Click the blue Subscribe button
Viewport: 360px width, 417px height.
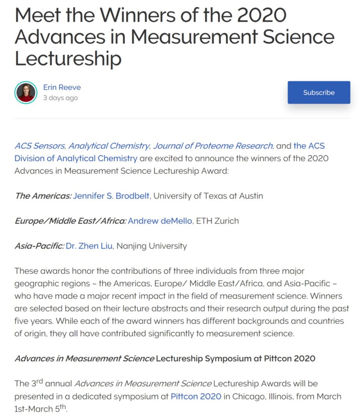319,92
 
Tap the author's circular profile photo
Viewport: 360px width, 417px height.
26,92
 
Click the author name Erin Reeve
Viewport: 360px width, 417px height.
62,87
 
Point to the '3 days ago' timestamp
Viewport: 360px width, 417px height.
60,98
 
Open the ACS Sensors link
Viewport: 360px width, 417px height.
40,146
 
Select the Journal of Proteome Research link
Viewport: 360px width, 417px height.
212,146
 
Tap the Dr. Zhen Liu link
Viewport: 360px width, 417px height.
89,246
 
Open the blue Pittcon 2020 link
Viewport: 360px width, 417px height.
196,396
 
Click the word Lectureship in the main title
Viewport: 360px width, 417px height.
68,59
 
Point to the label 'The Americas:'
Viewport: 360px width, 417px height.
42,196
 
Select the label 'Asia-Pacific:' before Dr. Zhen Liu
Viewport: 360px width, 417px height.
39,246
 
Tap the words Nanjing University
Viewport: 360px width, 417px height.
152,246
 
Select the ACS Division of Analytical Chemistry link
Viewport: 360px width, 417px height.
76,159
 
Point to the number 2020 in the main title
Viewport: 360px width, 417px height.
261,15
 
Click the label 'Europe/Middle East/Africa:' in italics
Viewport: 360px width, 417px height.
70,221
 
